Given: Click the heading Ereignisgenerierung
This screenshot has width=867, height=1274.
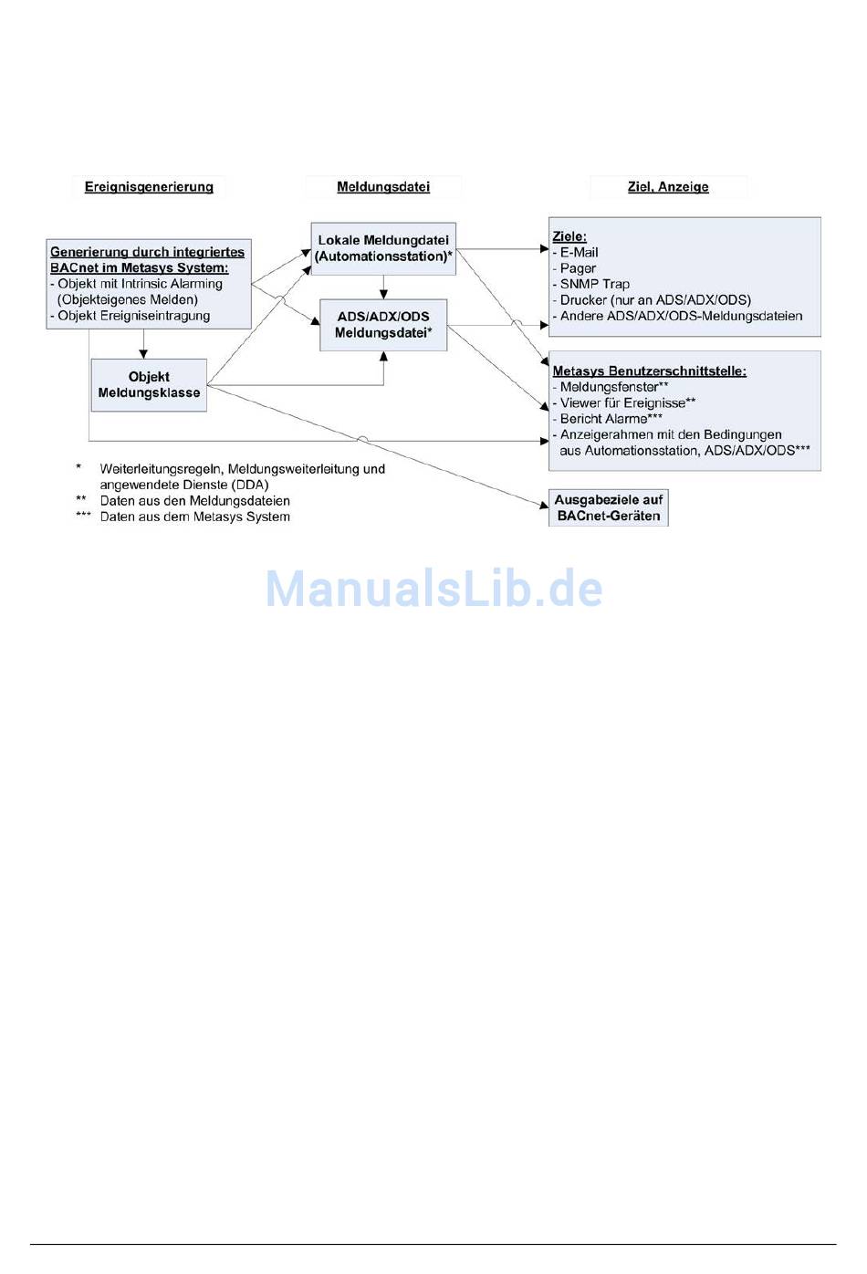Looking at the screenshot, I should tap(149, 187).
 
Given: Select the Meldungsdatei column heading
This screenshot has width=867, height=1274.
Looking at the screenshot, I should tap(383, 187).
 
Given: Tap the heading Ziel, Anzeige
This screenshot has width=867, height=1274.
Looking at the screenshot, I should tap(668, 187).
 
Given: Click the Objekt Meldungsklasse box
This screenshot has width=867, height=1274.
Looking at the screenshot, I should tap(149, 385).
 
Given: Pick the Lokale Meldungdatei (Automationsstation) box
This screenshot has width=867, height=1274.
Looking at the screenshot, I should tap(383, 248).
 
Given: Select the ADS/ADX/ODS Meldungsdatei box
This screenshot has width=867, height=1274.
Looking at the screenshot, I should tap(383, 325).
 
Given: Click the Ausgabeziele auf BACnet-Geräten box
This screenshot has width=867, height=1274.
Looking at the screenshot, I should tap(609, 507).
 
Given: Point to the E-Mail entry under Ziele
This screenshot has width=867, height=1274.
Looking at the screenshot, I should tap(579, 253).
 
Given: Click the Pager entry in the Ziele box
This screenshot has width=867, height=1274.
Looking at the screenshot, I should tap(578, 268).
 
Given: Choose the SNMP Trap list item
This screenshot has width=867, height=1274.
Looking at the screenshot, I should tap(594, 284).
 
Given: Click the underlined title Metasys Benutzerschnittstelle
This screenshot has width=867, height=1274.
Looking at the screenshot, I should tap(650, 371).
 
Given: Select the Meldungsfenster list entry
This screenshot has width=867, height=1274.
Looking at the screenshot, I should tap(613, 387).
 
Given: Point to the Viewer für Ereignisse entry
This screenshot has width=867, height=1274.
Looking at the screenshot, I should tap(627, 402).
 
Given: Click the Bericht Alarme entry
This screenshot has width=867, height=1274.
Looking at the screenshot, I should tap(610, 419).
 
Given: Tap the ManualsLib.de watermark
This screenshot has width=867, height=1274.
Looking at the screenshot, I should tap(433, 589).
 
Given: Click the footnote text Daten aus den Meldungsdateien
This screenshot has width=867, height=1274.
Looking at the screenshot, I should tap(194, 501).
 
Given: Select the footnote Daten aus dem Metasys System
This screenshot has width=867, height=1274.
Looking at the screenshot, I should tap(194, 517).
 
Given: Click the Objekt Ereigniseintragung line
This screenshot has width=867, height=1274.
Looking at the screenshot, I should tap(133, 316).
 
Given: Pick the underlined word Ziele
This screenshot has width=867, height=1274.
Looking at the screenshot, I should tap(569, 237).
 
